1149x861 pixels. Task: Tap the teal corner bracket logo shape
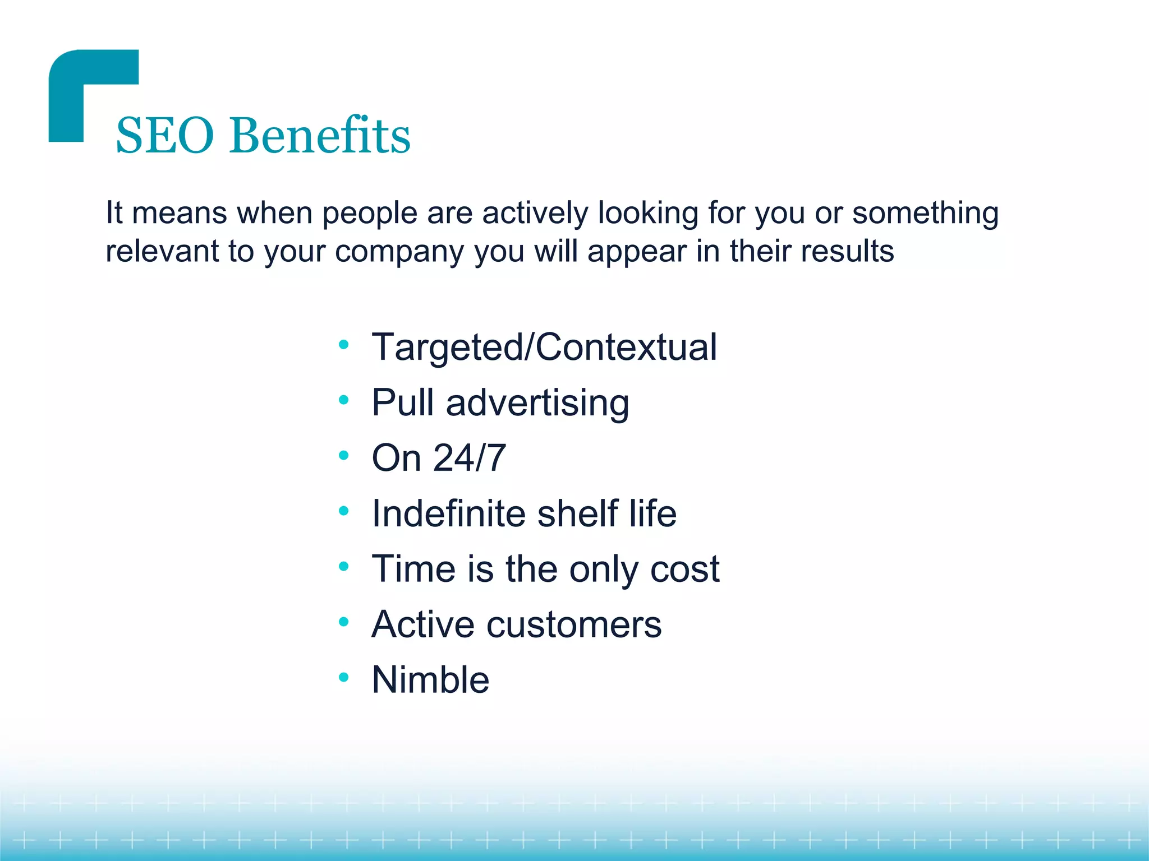coord(73,84)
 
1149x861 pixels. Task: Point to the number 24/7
coord(470,458)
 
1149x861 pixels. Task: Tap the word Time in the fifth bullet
coord(413,569)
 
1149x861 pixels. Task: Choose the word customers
coord(573,625)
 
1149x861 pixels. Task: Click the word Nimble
coord(430,680)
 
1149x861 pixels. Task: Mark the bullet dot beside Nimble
coord(344,678)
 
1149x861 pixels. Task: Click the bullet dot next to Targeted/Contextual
coord(344,344)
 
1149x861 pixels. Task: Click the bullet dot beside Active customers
coord(344,622)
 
